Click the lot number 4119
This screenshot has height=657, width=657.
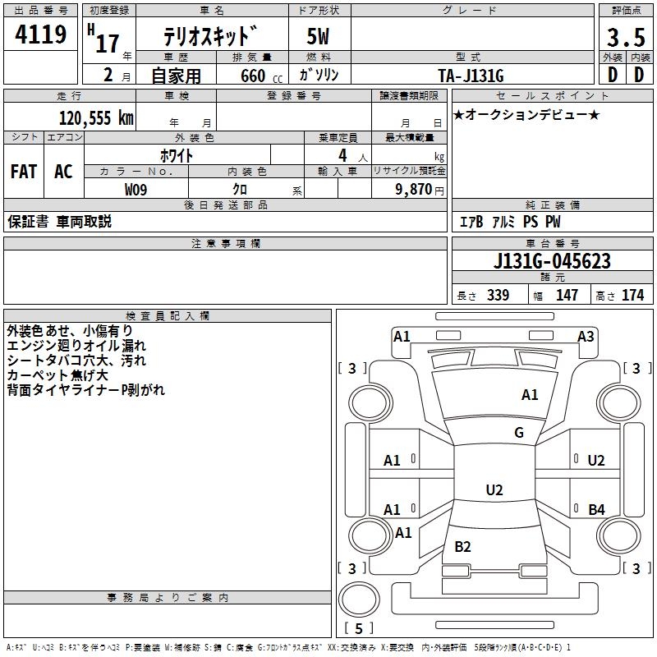(40, 35)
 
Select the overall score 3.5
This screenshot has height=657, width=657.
(625, 37)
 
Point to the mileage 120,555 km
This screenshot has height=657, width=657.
(96, 117)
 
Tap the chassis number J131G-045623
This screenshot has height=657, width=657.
(552, 261)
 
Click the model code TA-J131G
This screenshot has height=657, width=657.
(471, 75)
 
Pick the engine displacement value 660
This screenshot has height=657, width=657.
(253, 76)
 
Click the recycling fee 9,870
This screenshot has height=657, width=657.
(413, 190)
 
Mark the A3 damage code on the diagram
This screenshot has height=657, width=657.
(586, 336)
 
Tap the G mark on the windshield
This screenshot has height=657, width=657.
(519, 433)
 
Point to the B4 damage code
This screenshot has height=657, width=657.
(596, 510)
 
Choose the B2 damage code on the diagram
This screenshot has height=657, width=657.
(462, 547)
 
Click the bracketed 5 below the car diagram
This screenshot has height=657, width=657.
(358, 628)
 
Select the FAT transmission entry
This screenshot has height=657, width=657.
(24, 172)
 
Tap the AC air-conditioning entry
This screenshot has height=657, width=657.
(63, 172)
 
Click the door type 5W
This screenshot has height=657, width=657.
(319, 38)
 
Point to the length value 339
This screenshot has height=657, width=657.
(498, 296)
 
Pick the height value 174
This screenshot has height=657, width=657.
(632, 296)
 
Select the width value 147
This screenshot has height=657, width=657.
(567, 296)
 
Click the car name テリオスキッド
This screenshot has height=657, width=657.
(210, 38)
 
